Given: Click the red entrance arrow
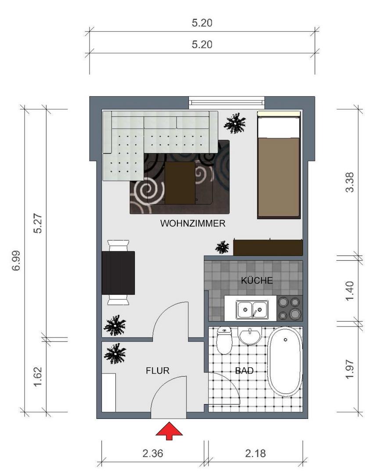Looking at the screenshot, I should point(169,431).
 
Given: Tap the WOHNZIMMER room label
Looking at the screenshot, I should point(193,223).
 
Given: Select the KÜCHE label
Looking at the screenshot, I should point(257,280).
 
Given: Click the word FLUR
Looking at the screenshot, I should point(158,371).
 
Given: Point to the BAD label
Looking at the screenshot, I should point(244,371).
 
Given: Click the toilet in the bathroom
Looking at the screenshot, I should point(225,341).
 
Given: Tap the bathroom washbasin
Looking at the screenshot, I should point(250,337).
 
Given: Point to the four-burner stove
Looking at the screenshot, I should point(290,308).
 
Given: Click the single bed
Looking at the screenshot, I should point(279,165).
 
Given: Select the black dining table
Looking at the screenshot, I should point(118,273).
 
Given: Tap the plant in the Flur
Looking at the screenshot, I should point(115,353).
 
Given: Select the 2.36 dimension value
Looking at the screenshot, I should point(153,453).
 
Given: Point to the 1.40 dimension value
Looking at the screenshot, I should point(350,291).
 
